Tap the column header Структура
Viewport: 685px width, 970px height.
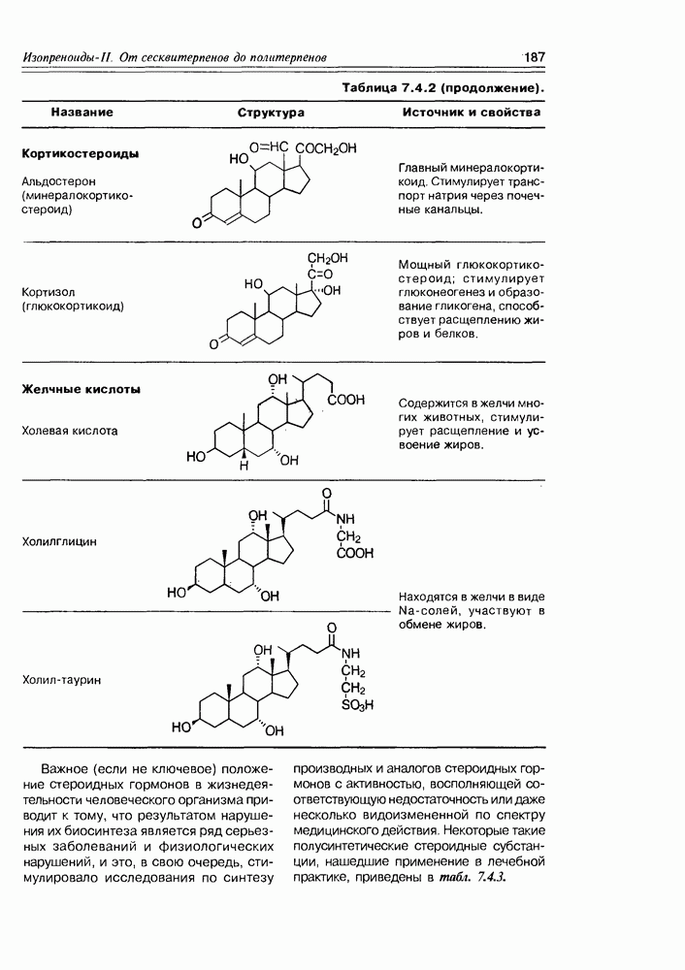click(271, 113)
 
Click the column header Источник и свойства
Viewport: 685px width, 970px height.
click(472, 113)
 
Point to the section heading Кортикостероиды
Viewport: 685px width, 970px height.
click(80, 153)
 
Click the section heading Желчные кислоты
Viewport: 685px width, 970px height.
click(82, 390)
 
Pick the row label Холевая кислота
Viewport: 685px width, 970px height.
click(70, 430)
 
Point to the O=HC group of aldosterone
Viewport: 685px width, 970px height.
click(269, 147)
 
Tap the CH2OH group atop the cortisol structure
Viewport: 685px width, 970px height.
click(327, 258)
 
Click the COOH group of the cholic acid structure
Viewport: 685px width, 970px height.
click(345, 400)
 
